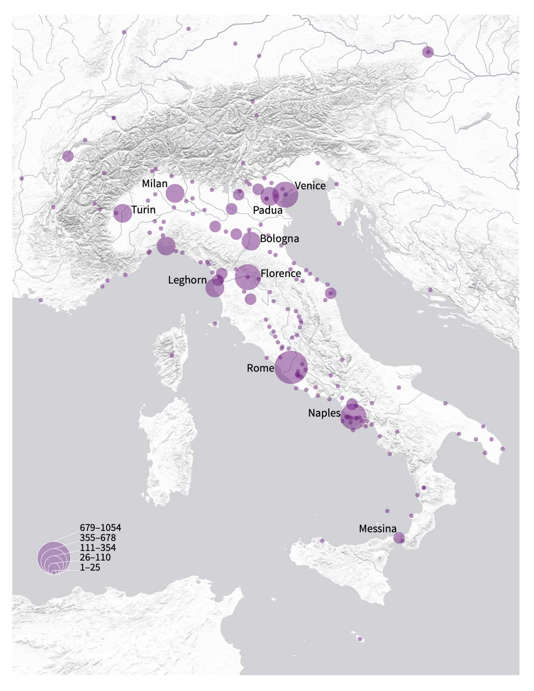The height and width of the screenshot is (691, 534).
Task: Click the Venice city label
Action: (310, 186)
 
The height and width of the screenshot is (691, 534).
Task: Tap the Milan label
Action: (155, 184)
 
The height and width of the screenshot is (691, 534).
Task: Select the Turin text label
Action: (144, 210)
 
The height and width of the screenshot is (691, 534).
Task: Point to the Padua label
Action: (267, 210)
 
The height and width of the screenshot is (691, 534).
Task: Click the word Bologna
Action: (279, 239)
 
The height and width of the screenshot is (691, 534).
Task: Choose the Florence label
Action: (281, 274)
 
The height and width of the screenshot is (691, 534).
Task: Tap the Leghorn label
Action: (187, 280)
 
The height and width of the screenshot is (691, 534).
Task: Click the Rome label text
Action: (260, 368)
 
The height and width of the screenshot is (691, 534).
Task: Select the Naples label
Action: (324, 413)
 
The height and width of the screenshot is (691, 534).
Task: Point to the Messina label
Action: (378, 529)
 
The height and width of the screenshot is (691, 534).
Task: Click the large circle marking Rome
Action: (291, 367)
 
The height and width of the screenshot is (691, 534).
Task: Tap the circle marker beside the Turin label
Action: (123, 213)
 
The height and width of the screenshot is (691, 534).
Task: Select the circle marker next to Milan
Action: (175, 193)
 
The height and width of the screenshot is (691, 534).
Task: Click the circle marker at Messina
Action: (399, 538)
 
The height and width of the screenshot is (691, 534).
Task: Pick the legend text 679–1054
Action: (100, 528)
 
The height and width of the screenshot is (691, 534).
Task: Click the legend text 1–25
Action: (90, 568)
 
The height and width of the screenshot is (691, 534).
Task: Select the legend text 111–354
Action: (98, 547)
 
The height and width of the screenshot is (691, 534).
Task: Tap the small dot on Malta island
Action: (360, 640)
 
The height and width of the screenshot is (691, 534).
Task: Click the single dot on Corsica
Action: (172, 355)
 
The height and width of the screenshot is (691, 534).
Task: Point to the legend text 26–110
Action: (95, 558)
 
